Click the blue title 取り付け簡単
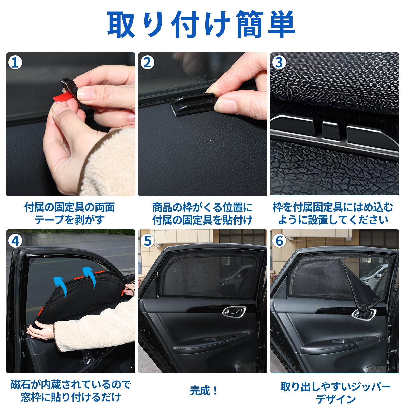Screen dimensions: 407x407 [x=201, y=25]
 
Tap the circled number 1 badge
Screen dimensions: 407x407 [x=15, y=63]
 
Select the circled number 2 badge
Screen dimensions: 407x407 [x=147, y=63]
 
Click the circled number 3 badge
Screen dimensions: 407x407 [x=279, y=63]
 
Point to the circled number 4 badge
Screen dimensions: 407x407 [x=15, y=241]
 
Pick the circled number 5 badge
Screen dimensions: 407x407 [x=147, y=241]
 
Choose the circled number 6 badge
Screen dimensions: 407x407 [x=279, y=241]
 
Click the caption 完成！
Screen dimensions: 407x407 [x=203, y=390]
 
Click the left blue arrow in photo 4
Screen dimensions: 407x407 [x=61, y=286]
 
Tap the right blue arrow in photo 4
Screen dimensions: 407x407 [x=90, y=277]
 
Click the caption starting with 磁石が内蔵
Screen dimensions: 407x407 [x=70, y=391]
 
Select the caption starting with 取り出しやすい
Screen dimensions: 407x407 [x=335, y=393]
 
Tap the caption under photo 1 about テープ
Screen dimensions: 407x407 [x=69, y=213]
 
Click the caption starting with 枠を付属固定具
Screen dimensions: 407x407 [x=333, y=213]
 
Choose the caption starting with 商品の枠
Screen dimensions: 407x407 [x=202, y=213]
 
